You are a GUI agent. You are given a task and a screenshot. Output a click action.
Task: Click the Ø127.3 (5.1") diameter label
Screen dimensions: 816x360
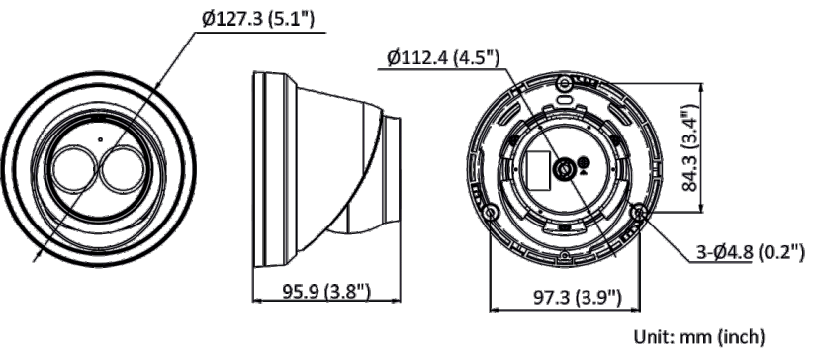click(x=258, y=19)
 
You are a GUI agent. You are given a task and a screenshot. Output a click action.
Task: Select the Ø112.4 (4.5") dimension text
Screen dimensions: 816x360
click(x=443, y=58)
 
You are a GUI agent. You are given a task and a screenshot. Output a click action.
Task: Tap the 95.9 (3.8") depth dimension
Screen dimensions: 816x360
click(x=326, y=292)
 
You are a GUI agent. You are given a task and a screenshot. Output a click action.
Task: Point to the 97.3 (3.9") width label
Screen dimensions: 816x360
click(x=578, y=298)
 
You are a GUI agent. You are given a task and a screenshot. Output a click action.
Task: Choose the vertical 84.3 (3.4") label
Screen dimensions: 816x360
click(x=690, y=147)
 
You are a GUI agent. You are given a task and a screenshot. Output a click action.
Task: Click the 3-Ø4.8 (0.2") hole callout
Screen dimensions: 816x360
click(x=751, y=252)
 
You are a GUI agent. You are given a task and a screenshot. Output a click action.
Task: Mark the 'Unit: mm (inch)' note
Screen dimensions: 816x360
click(x=699, y=336)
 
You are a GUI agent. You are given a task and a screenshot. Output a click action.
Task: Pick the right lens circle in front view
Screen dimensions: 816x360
click(x=121, y=167)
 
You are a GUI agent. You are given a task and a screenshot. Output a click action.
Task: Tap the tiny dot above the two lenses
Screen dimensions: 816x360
click(x=100, y=138)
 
